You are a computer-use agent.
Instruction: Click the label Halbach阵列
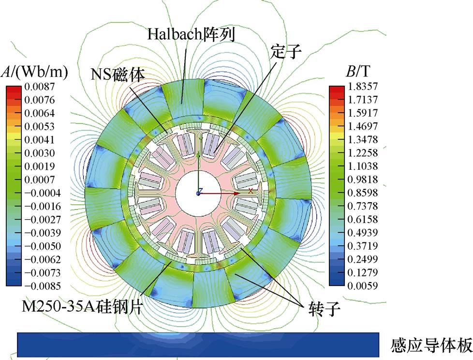[191, 34]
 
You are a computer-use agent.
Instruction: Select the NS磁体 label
[118, 74]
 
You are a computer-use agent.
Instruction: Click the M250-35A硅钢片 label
[82, 307]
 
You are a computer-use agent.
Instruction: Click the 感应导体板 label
[431, 345]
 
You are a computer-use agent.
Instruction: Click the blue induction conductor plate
[198, 345]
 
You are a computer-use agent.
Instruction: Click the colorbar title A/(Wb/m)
[34, 72]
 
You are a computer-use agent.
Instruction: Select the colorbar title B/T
[358, 72]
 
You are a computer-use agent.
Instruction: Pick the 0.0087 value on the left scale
[40, 87]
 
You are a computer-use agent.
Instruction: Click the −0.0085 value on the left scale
[43, 286]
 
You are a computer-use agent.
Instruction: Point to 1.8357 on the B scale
[363, 86]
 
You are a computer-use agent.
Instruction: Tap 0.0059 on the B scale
[363, 285]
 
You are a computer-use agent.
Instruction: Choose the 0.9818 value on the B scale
[363, 179]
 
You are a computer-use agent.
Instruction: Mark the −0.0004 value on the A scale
[43, 193]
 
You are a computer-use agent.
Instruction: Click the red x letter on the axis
[251, 191]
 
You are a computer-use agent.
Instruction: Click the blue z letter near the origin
[201, 190]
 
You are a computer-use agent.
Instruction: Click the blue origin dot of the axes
[198, 194]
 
